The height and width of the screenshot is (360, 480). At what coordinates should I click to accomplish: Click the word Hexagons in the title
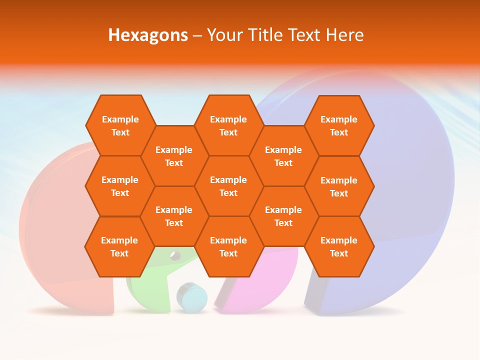pos(148,35)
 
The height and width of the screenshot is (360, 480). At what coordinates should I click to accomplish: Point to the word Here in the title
pos(344,35)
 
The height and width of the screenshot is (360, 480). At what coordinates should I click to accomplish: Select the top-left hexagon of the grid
pos(120,125)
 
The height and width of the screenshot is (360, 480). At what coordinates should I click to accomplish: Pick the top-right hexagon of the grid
pos(339,125)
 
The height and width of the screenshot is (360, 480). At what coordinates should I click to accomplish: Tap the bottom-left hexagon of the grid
pos(119,246)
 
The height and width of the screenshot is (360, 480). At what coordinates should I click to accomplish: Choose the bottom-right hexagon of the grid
pos(339,246)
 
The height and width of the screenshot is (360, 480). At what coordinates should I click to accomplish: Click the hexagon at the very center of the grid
pos(228,186)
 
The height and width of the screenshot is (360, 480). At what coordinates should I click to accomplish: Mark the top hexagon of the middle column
pos(228,125)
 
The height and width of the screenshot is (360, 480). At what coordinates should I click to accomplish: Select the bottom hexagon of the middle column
pos(228,246)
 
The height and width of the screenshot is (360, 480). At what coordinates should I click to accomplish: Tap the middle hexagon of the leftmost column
pos(120,186)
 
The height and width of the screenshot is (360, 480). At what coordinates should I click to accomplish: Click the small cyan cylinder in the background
pos(191,297)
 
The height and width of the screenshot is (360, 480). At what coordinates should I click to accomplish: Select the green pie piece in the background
pos(150,290)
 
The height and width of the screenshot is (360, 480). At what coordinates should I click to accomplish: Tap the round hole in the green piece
pos(175,256)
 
